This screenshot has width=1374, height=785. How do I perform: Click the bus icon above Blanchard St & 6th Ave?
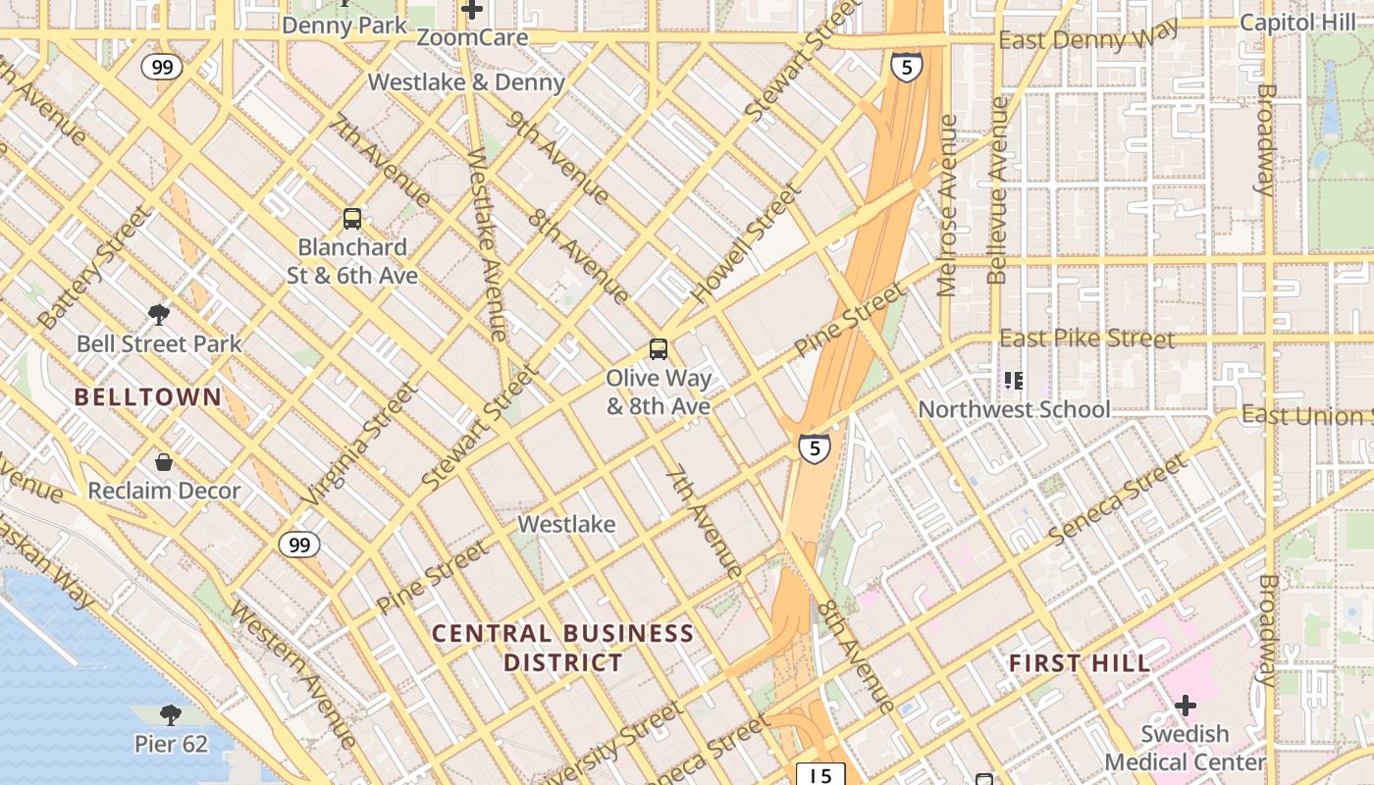click(352, 219)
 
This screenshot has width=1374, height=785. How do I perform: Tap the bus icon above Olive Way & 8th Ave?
click(658, 349)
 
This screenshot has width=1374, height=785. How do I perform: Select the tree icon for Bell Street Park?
click(159, 315)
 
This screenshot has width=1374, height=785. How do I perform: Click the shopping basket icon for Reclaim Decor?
click(164, 461)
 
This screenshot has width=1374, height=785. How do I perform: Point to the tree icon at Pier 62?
click(171, 714)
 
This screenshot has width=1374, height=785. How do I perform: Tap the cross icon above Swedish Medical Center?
click(1186, 705)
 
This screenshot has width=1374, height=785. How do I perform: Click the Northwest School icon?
click(1014, 380)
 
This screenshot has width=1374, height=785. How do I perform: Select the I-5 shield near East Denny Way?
click(906, 67)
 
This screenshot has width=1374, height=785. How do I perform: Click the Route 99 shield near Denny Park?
click(161, 67)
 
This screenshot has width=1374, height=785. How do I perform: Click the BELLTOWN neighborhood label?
click(148, 397)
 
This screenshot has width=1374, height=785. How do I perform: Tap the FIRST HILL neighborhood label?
click(1080, 663)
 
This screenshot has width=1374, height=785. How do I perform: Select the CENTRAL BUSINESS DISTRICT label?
click(563, 648)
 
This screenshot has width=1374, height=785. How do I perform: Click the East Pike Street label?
click(1086, 339)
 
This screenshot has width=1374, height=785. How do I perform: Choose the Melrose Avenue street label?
click(947, 206)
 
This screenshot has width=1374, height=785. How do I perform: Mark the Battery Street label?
click(95, 267)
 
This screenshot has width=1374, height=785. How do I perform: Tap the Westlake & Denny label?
click(466, 82)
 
